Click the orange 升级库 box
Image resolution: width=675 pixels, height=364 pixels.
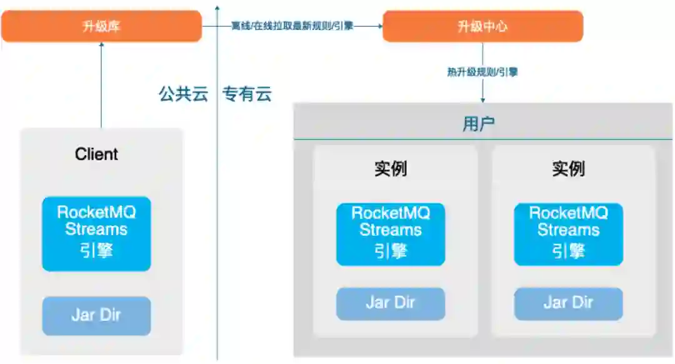(x=101, y=26)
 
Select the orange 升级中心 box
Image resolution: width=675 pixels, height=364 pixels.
(x=482, y=26)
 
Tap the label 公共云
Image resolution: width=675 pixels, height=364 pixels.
(x=182, y=95)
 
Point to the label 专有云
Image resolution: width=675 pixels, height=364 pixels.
(x=247, y=95)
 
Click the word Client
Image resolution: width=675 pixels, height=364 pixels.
(x=96, y=154)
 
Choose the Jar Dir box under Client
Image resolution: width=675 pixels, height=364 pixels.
(x=96, y=315)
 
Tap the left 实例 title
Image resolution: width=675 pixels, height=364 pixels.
(x=391, y=169)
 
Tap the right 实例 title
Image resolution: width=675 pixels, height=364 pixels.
(x=568, y=169)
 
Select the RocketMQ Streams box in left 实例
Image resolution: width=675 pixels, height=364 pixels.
(x=391, y=233)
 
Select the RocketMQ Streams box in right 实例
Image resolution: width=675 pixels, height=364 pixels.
(x=568, y=233)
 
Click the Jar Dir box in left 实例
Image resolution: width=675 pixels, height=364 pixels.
(x=391, y=303)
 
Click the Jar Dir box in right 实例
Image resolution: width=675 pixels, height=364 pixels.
(x=568, y=303)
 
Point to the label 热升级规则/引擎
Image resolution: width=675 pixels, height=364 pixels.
(x=482, y=72)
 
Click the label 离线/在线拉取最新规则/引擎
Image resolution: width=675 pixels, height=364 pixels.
(x=292, y=26)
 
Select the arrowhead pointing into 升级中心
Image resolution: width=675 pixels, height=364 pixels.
(x=378, y=26)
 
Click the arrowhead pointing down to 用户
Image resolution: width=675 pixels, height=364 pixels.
(x=482, y=99)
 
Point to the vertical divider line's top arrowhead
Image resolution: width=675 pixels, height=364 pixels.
(x=217, y=8)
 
